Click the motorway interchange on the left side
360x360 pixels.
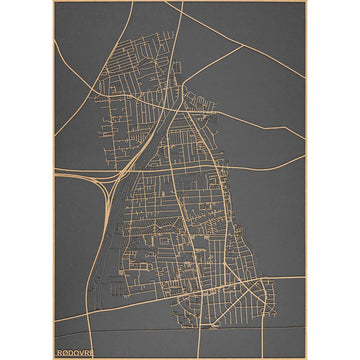[x=108, y=181]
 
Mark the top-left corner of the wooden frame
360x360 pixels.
[x=54, y=2]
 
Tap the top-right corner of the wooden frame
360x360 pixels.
[x=306, y=2]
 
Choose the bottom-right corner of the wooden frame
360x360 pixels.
[x=306, y=357]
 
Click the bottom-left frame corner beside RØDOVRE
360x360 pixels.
[x=54, y=357]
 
